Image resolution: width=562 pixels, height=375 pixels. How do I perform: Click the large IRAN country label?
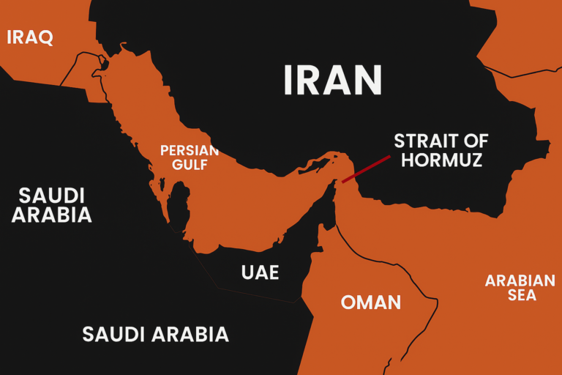333,80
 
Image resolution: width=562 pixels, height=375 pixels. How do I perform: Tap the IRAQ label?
30,37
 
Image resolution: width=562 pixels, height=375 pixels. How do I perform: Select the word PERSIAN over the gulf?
190,151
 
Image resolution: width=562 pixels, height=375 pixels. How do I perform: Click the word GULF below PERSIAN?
190,165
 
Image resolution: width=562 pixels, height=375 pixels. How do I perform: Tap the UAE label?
260,272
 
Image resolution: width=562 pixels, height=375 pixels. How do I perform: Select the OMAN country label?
371,302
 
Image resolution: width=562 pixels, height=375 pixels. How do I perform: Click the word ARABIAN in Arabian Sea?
520,281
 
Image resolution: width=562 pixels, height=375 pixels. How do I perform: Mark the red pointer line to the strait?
366,168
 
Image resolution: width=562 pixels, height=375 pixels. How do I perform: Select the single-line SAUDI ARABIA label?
155,335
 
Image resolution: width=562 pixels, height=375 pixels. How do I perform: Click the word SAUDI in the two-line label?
51,196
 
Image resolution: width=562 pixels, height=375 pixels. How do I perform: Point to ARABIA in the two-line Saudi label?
51,215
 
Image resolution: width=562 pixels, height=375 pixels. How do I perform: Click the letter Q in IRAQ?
45,37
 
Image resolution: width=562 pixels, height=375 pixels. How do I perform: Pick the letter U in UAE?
247,272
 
